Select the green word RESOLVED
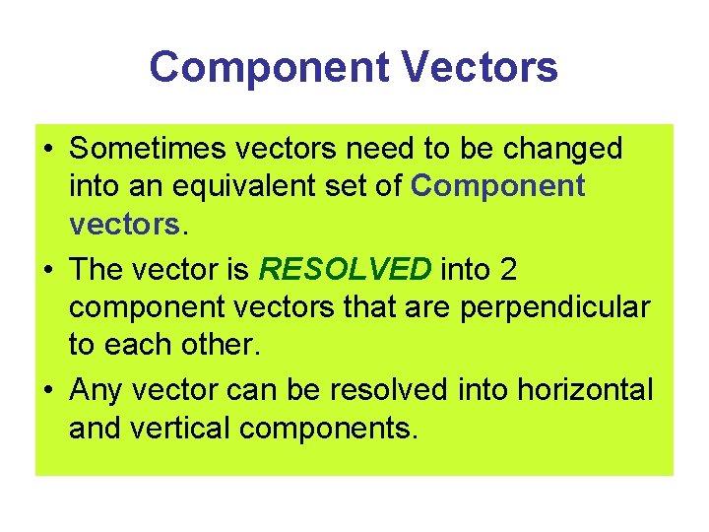345,269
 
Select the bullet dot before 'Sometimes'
48,150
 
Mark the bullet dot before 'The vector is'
48,270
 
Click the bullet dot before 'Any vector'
48,391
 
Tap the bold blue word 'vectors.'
126,225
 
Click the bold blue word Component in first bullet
497,186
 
